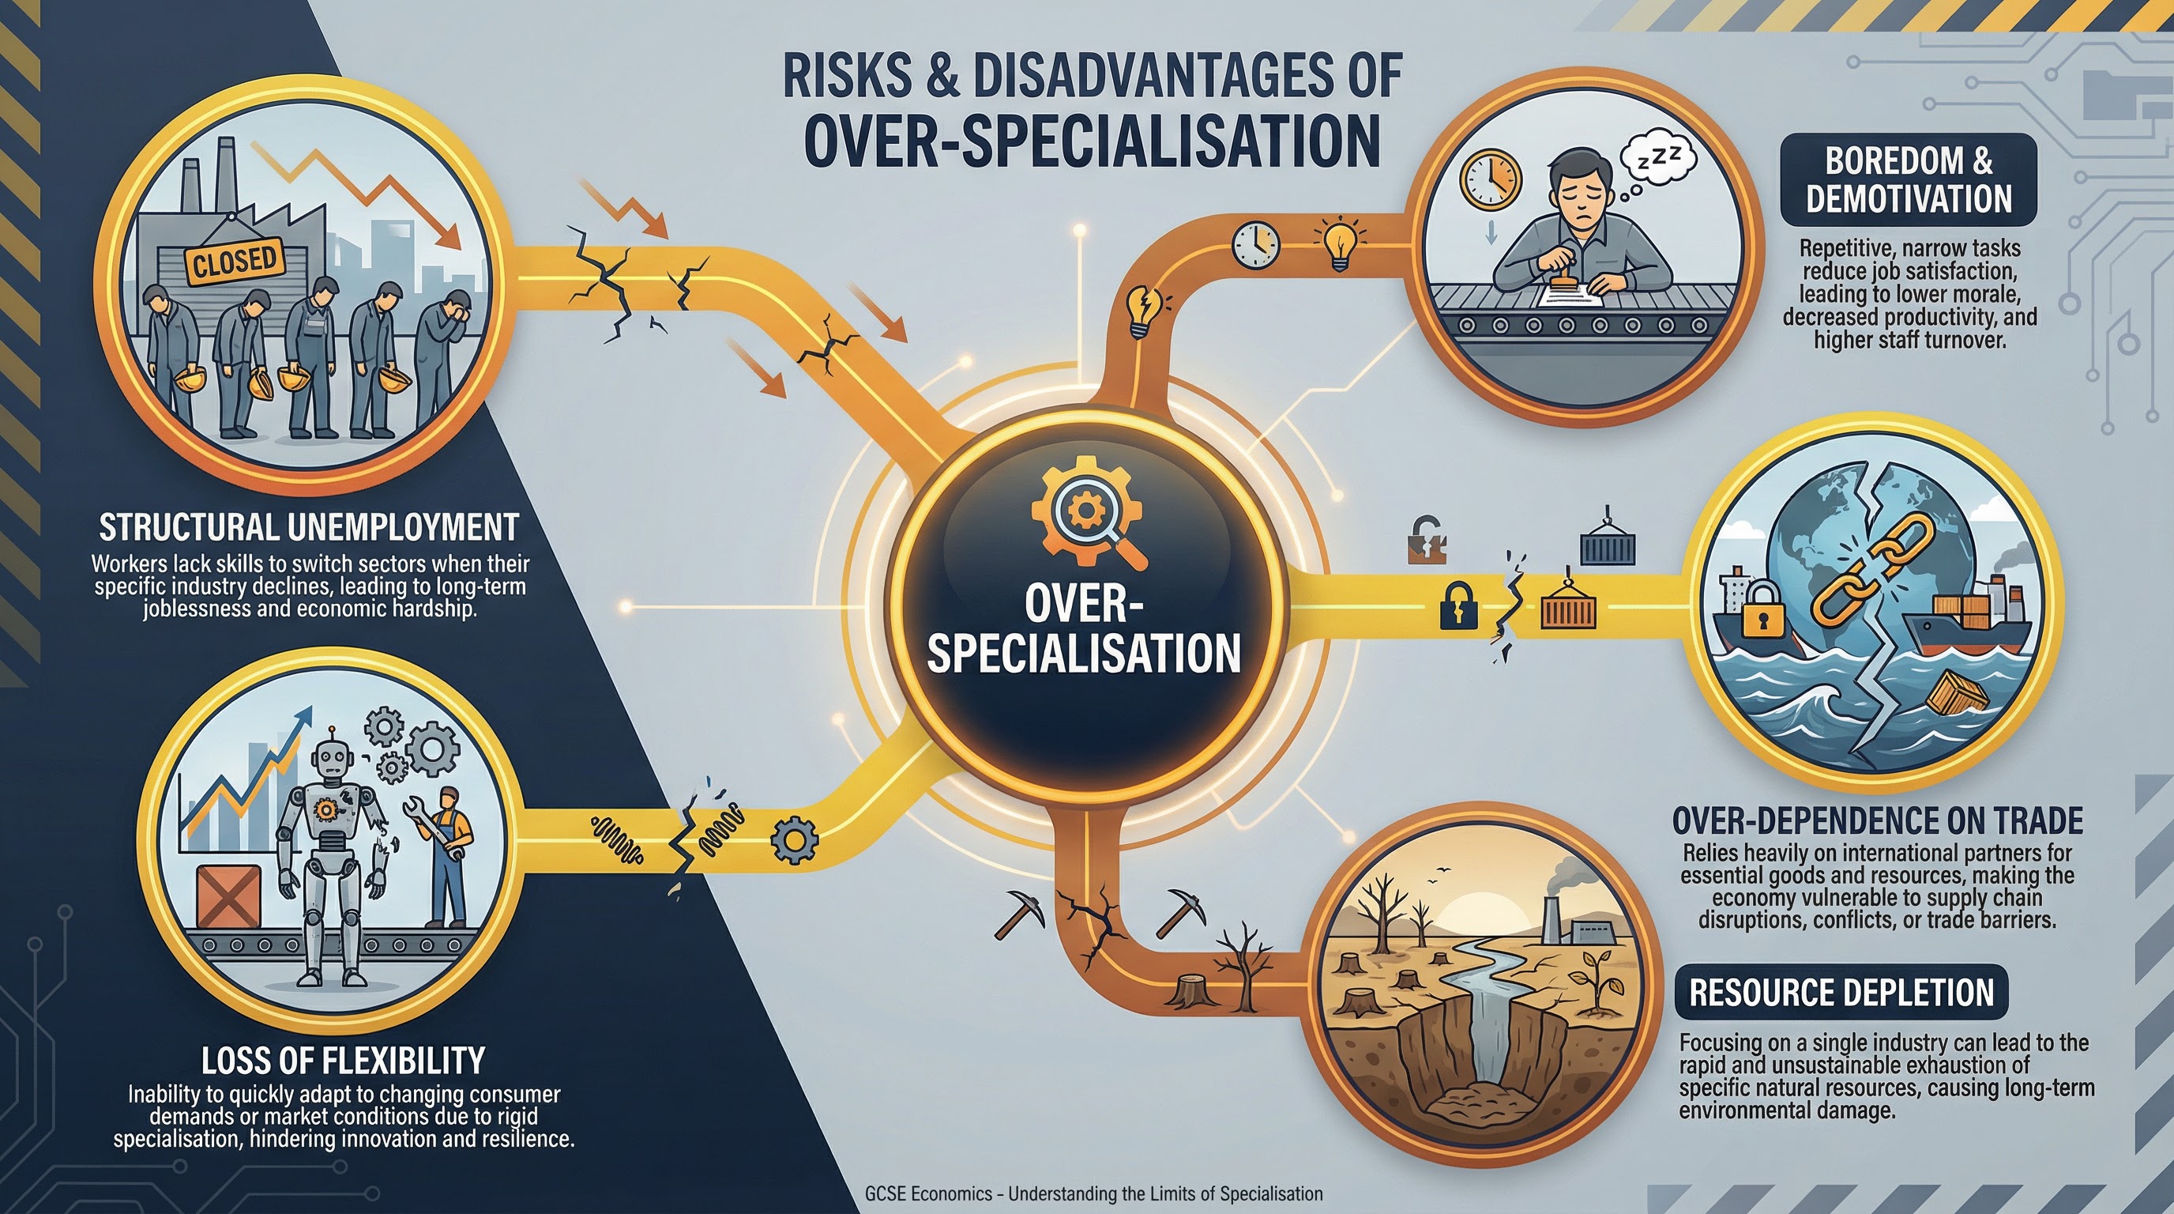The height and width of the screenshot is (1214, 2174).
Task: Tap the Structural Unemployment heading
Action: [x=309, y=528]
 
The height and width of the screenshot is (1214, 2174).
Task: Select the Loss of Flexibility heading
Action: [x=343, y=1061]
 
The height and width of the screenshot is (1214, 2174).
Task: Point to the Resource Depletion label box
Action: [x=1841, y=993]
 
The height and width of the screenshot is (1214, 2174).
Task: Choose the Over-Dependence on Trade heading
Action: [x=1877, y=820]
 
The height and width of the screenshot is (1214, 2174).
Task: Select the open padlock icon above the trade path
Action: [x=1426, y=541]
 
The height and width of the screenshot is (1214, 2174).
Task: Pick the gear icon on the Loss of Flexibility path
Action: [x=793, y=839]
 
